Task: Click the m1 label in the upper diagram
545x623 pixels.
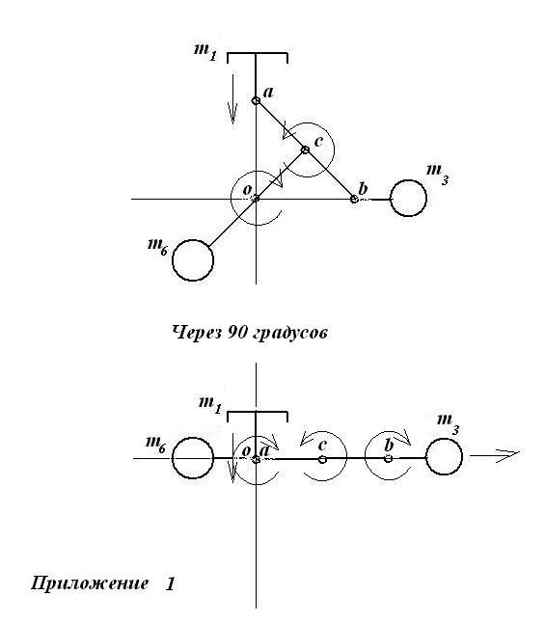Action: [205, 52]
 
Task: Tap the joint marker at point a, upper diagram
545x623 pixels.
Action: [256, 101]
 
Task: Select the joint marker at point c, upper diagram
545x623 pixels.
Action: [305, 149]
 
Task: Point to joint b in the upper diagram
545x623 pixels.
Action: [354, 199]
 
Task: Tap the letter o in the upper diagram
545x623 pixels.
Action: [247, 190]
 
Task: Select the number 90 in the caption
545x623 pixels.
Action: [237, 332]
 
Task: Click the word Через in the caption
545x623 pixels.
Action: [197, 333]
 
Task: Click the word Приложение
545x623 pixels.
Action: [90, 583]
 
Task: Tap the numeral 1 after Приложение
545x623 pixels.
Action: [170, 583]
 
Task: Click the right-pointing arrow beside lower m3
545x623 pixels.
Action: [495, 455]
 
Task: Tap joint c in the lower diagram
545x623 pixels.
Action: [322, 459]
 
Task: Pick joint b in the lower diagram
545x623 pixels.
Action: [389, 458]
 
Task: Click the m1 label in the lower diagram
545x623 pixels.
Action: [210, 405]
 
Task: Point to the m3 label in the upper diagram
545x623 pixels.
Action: [438, 174]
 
